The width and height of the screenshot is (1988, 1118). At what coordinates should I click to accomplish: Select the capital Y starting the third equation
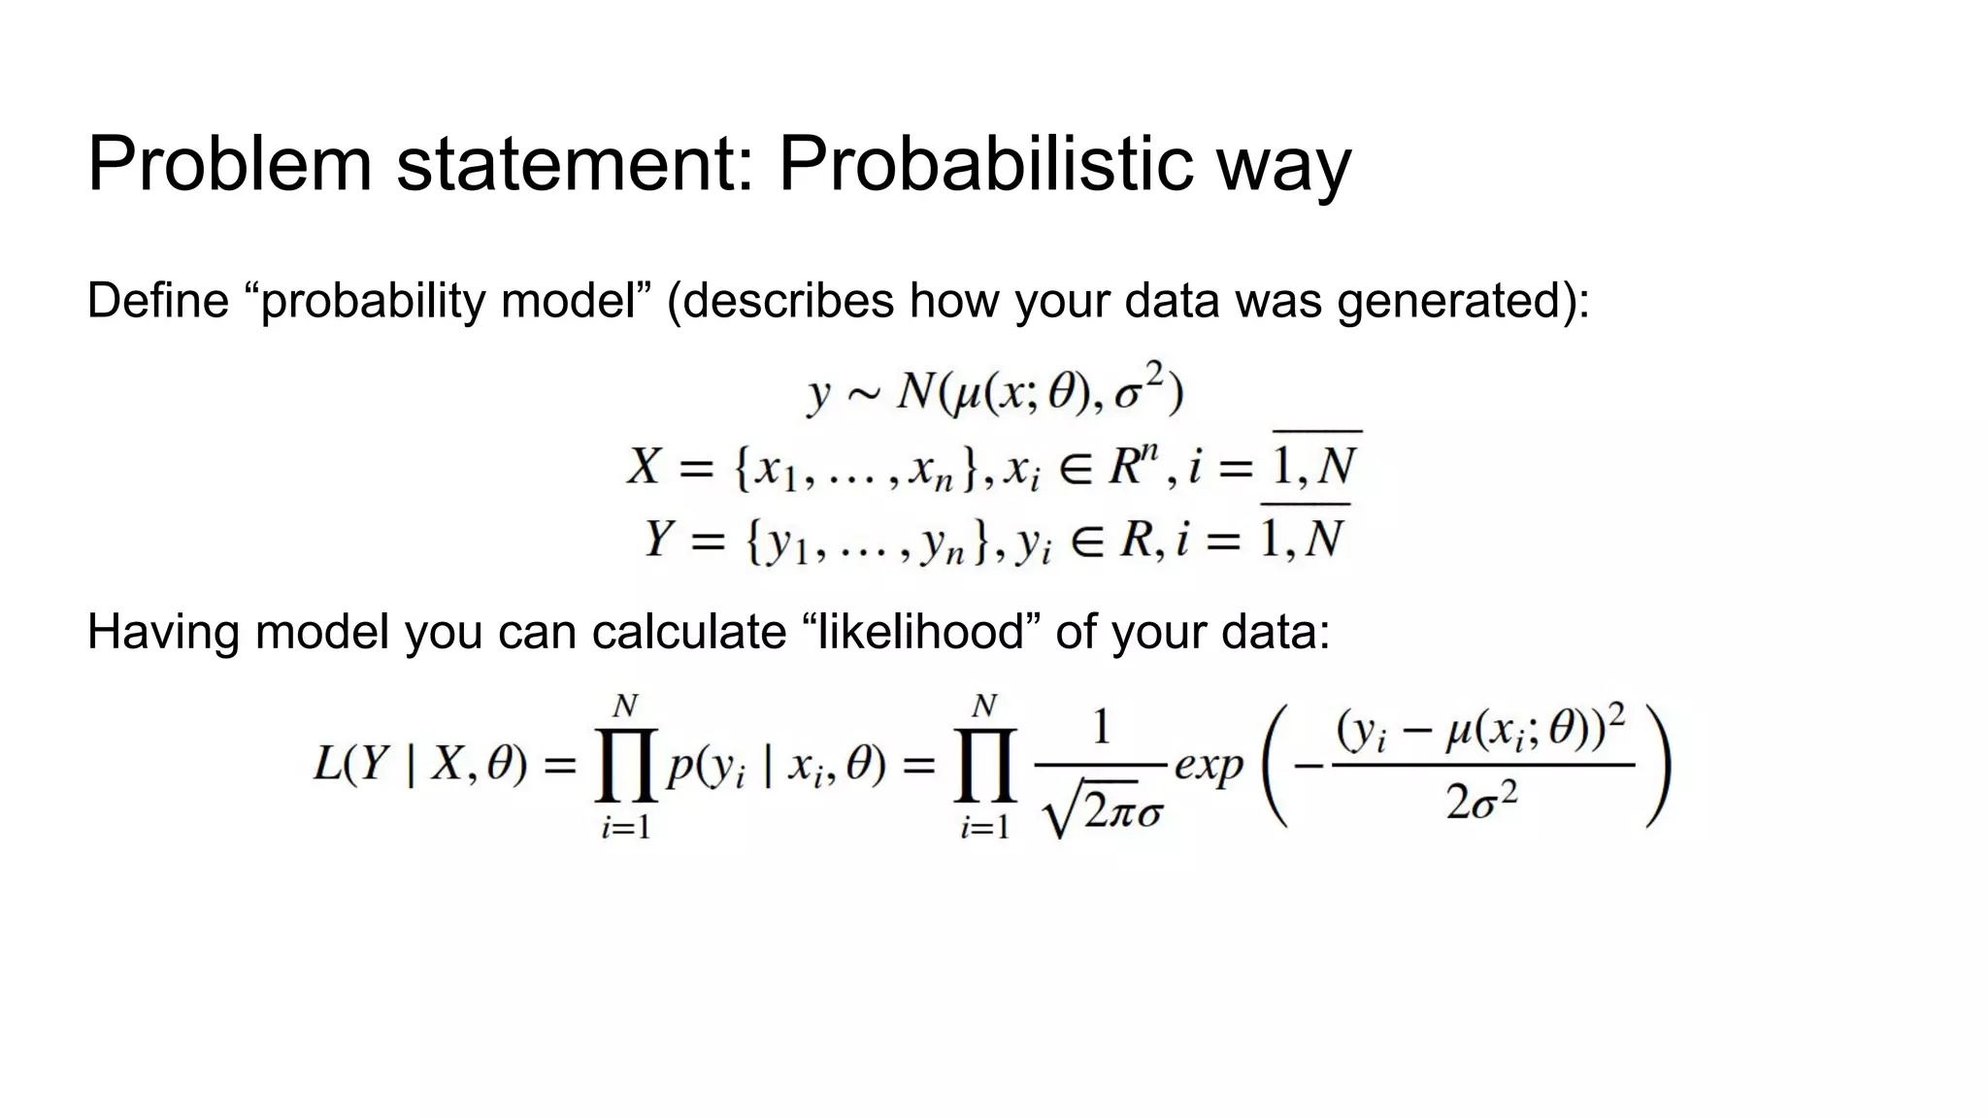point(659,539)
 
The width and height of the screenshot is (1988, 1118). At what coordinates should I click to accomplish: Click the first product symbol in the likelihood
point(626,767)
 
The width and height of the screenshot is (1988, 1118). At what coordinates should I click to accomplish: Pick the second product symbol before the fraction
point(985,767)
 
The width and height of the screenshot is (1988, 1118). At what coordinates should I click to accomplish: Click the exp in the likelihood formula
point(1208,767)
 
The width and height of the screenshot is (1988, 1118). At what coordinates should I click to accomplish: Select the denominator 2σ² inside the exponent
point(1481,802)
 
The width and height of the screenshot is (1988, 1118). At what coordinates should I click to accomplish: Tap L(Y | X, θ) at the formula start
point(419,767)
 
